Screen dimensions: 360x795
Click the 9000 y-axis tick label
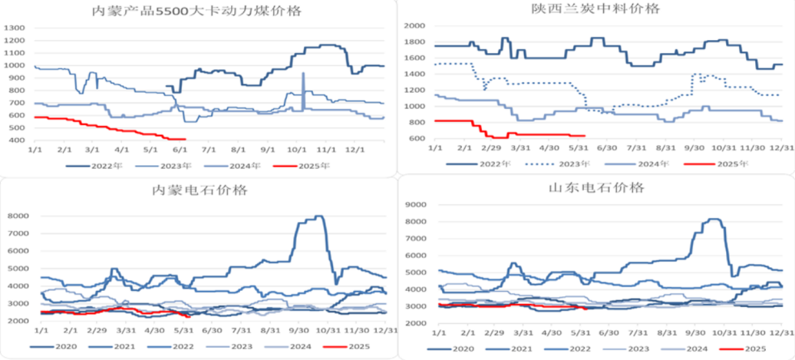click(x=414, y=205)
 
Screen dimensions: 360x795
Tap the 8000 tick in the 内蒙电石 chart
click(x=16, y=216)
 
